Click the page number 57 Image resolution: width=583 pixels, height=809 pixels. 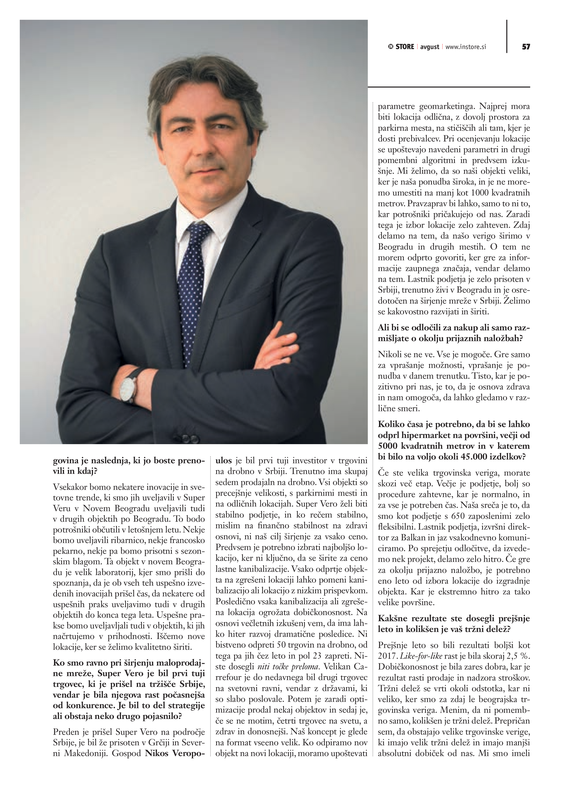526,47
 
